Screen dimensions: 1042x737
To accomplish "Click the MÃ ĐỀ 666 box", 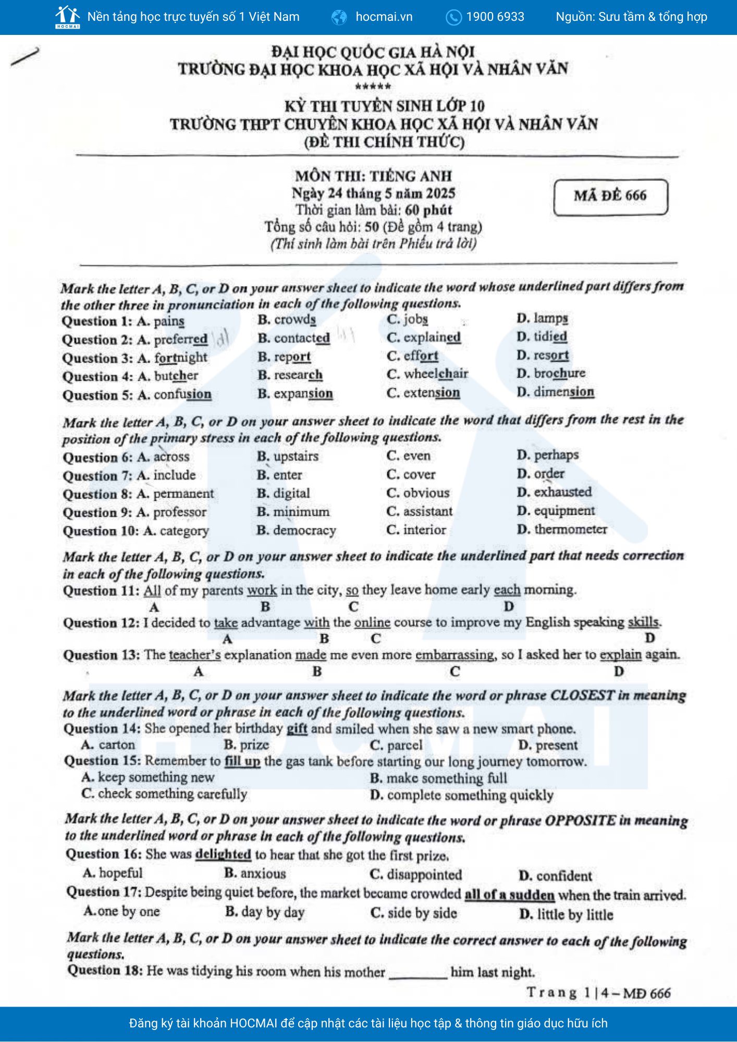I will pos(610,196).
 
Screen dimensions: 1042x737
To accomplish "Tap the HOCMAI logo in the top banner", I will pos(67,17).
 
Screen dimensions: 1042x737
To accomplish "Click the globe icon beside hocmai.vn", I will pos(339,17).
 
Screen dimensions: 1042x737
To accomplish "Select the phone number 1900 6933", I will pos(495,17).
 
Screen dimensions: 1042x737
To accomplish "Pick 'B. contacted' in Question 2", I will pos(293,338).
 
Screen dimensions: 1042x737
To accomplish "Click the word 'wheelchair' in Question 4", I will pos(436,374).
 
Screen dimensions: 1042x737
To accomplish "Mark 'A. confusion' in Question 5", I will pos(175,395).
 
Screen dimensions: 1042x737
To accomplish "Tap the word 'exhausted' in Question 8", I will pos(562,492).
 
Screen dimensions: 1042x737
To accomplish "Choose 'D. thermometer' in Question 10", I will pos(562,530).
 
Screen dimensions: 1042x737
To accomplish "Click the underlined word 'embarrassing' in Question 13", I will pos(455,655).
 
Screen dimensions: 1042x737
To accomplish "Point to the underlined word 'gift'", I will pos(297,729).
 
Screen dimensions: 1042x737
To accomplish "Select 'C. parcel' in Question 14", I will pos(396,746).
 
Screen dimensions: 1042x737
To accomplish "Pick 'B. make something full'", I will pos(438,778).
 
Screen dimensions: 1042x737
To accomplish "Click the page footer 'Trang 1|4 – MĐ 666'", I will pos(598,993).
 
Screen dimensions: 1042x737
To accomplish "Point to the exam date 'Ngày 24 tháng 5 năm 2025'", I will pos(373,193).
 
